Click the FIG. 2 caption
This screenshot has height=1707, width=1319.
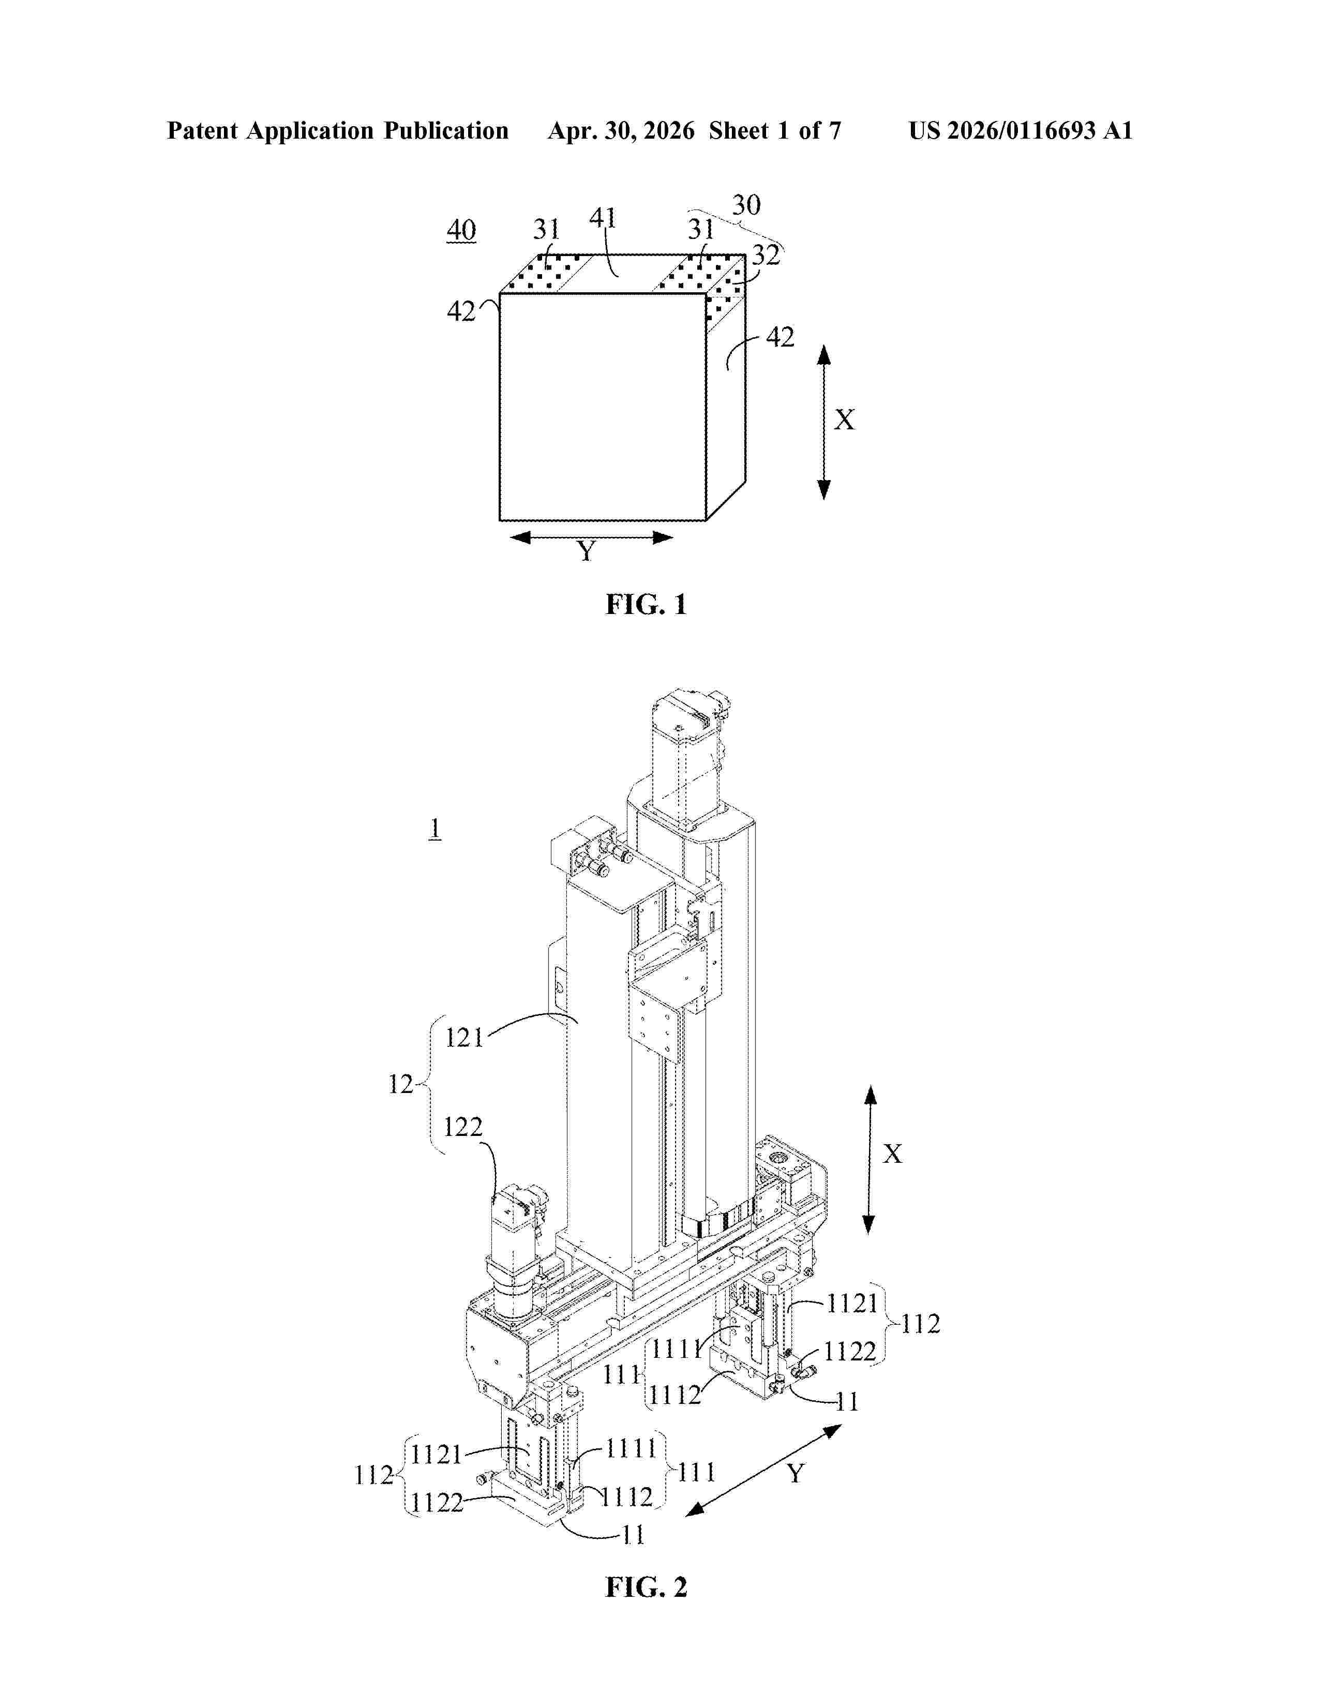[646, 1588]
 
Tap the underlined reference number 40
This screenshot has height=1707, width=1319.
[461, 231]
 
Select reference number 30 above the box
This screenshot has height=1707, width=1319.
[746, 205]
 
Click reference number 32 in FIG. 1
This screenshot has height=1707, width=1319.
[766, 256]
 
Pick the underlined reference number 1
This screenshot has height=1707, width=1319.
[435, 829]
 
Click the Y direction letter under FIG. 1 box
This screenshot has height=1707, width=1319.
[586, 552]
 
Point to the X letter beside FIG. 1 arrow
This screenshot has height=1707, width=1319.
[845, 421]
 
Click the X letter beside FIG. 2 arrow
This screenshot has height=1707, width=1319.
[892, 1154]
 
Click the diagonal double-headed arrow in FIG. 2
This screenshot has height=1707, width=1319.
[763, 1470]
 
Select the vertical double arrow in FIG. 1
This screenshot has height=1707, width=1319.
[823, 422]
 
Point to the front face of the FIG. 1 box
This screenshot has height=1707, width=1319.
[603, 407]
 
